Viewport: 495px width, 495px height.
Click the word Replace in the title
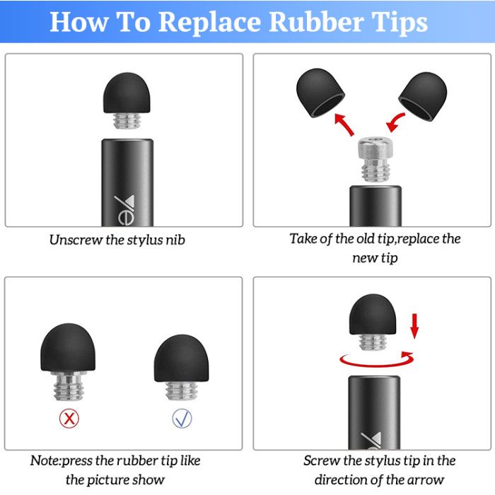coord(209,23)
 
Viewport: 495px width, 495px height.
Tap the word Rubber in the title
coord(316,21)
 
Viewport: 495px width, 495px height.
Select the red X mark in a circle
coord(69,419)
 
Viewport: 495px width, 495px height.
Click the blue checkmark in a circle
coord(182,419)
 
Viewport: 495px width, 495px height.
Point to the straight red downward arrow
coord(414,326)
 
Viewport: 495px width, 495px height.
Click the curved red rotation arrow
coord(375,365)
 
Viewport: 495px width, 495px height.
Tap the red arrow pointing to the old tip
coord(344,124)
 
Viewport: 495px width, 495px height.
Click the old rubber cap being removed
coord(320,93)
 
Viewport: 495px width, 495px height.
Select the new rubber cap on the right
coord(423,96)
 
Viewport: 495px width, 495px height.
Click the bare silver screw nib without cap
coord(375,159)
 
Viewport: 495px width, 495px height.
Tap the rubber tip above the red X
coord(68,347)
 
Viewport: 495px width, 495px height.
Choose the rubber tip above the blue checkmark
coord(181,359)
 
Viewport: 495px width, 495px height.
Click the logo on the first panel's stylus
coord(124,210)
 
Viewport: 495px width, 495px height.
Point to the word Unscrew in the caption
coord(76,240)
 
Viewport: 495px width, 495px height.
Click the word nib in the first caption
coord(175,240)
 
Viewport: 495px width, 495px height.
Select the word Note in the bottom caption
coord(45,460)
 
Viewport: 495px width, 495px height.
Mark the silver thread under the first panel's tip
coord(127,121)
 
